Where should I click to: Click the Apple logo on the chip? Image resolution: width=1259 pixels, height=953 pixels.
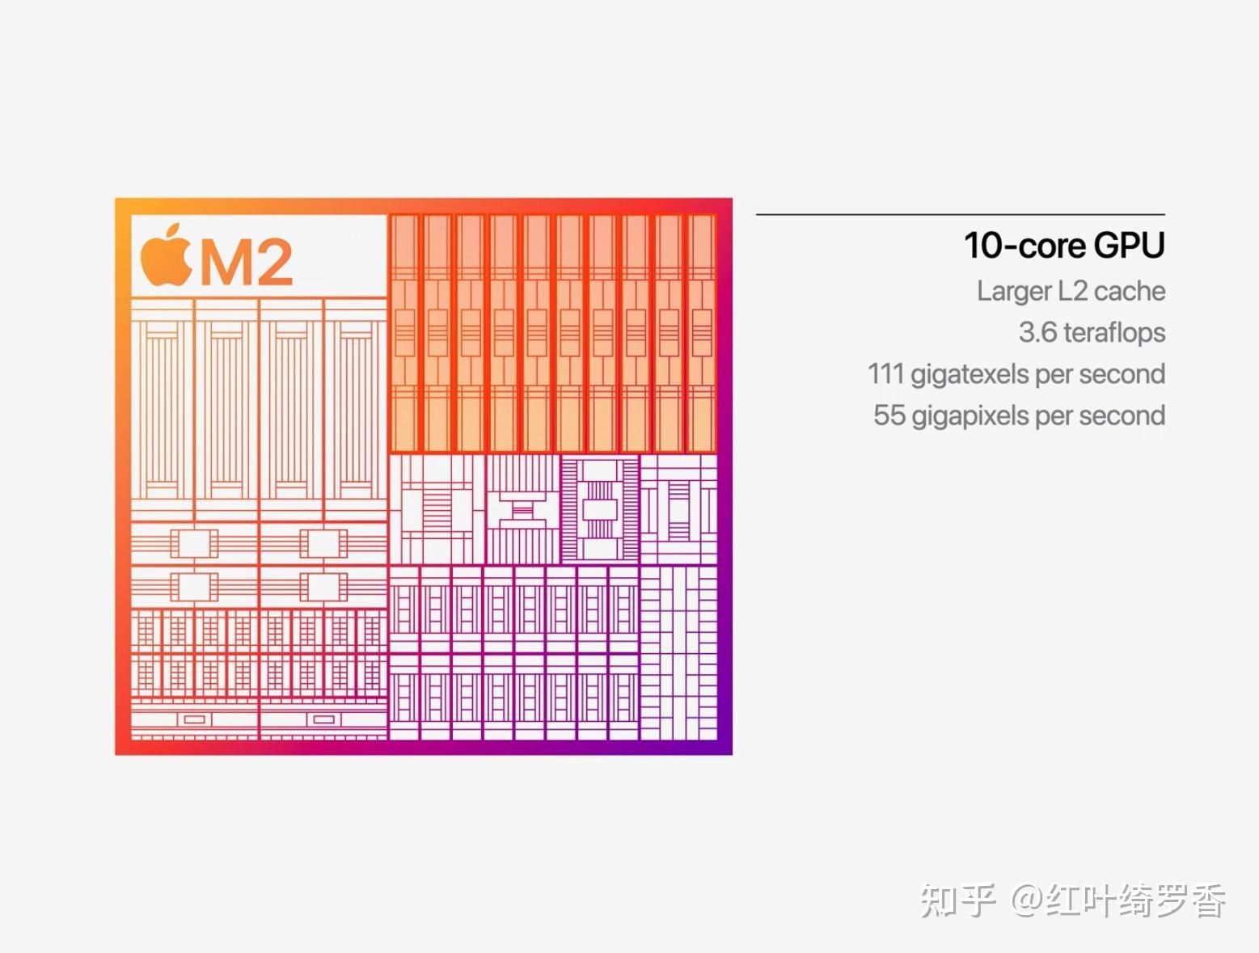tap(166, 256)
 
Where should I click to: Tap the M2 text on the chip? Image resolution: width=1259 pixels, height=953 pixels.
tap(245, 262)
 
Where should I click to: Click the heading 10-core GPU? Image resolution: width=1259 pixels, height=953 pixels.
tap(1063, 246)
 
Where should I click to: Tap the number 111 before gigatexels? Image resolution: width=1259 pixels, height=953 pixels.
tap(885, 374)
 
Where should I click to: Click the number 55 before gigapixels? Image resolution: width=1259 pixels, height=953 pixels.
tap(889, 415)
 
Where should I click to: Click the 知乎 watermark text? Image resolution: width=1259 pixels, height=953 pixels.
tap(957, 900)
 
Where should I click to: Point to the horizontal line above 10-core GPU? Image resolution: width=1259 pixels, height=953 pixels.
tap(960, 214)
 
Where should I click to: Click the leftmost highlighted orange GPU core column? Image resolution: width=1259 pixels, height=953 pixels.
tap(404, 332)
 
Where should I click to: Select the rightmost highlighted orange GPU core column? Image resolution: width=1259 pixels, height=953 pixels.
tap(701, 332)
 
